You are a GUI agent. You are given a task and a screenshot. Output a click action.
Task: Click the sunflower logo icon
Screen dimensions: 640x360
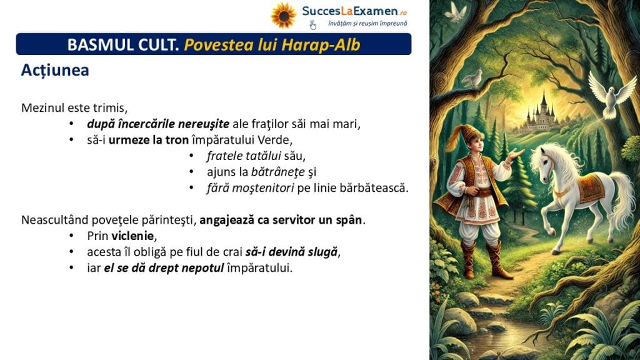coord(283,16)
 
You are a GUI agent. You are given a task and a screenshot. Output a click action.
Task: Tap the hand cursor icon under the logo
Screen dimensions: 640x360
coord(312,25)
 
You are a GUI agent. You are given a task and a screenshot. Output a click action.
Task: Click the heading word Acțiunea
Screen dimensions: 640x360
coord(55,70)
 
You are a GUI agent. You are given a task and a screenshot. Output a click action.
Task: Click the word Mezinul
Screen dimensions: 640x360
coord(43,107)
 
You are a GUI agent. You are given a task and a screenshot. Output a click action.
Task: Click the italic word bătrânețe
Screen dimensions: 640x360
coord(278,172)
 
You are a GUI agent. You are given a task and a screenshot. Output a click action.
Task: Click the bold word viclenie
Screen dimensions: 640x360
coord(132,236)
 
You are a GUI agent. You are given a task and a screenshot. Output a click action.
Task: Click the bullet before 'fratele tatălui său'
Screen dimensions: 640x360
coord(191,156)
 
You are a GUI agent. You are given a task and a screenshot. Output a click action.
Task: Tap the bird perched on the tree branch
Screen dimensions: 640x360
coord(474,78)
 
